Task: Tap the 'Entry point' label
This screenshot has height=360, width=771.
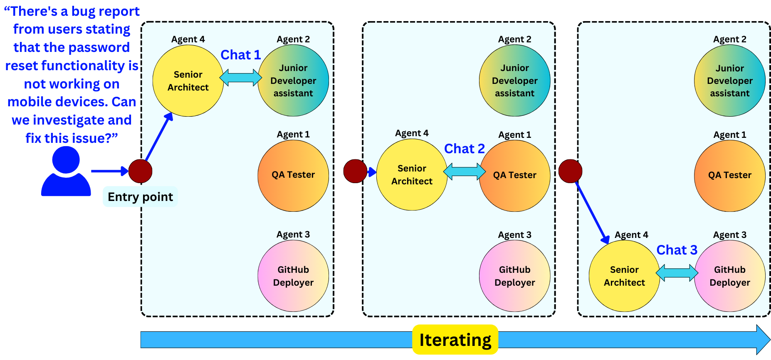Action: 140,197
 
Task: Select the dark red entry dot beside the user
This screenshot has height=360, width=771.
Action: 140,171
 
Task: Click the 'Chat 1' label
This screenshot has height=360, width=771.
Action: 240,55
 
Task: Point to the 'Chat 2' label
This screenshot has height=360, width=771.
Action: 464,149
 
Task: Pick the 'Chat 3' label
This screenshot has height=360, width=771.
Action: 677,250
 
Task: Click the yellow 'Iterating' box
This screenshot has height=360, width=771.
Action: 455,340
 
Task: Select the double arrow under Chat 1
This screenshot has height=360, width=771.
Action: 241,78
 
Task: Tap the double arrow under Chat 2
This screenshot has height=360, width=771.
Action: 464,171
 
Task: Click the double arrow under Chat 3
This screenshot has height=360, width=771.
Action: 677,273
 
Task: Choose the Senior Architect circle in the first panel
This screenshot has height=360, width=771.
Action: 188,81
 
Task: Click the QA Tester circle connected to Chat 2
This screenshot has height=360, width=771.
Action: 514,175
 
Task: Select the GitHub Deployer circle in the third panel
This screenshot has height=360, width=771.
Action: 729,276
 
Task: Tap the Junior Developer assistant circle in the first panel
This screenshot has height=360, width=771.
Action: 293,81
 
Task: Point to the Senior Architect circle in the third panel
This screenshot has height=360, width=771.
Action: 624,276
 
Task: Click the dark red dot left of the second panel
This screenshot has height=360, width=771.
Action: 355,171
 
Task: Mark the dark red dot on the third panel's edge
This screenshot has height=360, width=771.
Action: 570,171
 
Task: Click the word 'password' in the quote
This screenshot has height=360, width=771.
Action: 100,47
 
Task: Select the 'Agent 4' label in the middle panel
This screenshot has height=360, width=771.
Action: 412,133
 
